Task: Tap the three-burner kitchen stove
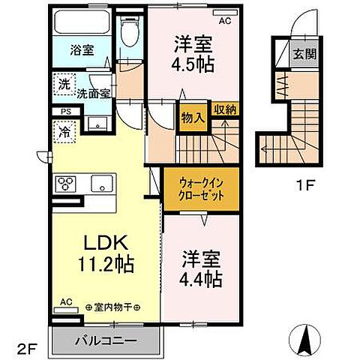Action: (65, 184)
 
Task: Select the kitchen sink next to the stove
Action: (100, 183)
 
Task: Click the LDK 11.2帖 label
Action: (105, 253)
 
